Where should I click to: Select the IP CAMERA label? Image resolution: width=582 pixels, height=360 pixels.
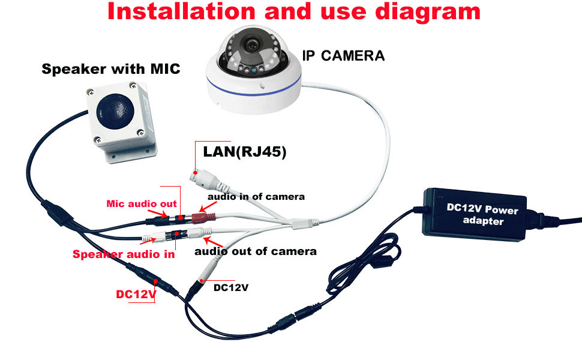click(x=343, y=56)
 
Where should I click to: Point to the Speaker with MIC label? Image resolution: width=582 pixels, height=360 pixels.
click(x=110, y=69)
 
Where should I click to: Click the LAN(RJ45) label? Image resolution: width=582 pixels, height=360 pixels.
click(x=245, y=152)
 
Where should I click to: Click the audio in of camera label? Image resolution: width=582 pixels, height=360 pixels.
click(x=256, y=196)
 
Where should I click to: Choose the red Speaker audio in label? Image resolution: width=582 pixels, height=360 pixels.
click(x=124, y=254)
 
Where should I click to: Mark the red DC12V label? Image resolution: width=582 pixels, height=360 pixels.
click(x=136, y=295)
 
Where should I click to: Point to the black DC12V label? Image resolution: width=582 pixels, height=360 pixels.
click(x=231, y=287)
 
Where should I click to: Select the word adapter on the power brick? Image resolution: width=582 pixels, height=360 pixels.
click(x=484, y=221)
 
